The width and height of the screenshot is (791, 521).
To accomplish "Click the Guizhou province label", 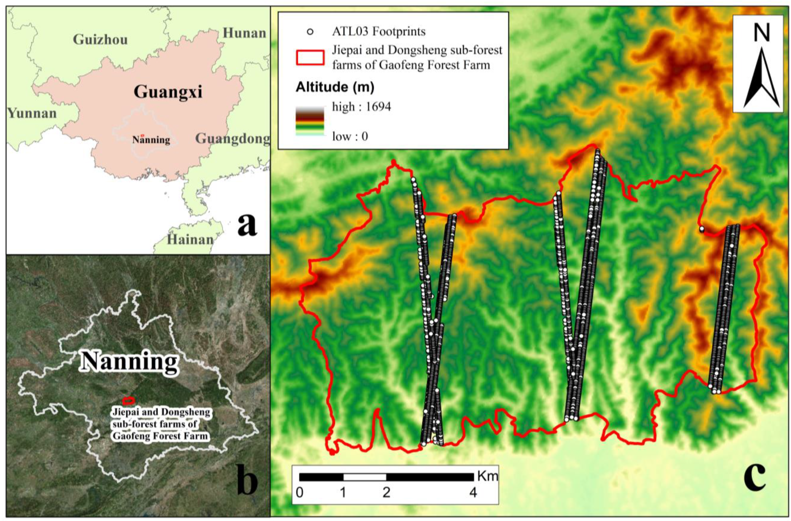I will point(100,39).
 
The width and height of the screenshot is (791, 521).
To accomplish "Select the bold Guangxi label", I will point(168,91).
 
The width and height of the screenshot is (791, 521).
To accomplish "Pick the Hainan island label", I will point(190,239).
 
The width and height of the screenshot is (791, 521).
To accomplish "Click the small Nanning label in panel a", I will point(151,140).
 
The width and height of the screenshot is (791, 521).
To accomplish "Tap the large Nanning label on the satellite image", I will point(129,361).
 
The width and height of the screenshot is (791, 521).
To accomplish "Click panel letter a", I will point(247,225).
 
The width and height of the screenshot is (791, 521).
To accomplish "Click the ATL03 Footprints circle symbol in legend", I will point(310,32).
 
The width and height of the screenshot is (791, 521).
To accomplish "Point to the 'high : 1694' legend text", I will point(362,107).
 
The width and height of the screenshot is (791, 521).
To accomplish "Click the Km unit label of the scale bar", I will point(488,476).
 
